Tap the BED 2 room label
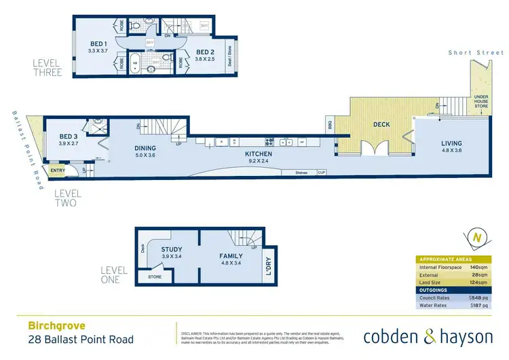206,52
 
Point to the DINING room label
145,148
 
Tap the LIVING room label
451,143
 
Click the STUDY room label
171,249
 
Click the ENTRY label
58,170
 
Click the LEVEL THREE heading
48,69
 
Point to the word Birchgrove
52,325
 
